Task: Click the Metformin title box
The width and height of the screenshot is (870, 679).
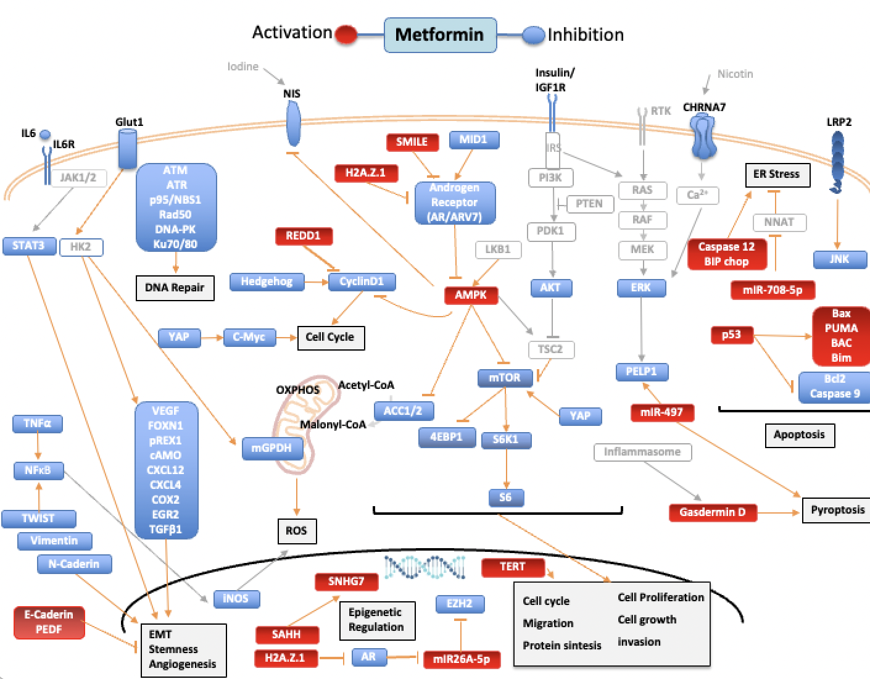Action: [439, 35]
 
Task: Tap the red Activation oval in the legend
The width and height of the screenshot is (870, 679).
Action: [346, 35]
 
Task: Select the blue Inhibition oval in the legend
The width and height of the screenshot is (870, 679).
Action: [533, 35]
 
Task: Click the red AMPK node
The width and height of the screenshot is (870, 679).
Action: [471, 295]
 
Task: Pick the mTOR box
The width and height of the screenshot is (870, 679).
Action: [505, 378]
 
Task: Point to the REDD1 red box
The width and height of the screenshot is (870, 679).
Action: [303, 236]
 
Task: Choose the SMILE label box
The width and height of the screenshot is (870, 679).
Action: [412, 142]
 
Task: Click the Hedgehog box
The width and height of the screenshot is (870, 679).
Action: [267, 281]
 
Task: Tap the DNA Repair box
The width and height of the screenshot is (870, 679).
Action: [175, 288]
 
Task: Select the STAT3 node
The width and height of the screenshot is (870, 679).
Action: [28, 246]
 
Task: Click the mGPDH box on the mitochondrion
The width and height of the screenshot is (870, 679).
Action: [271, 448]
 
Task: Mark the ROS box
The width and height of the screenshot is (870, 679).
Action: [296, 531]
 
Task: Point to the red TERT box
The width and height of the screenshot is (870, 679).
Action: [513, 567]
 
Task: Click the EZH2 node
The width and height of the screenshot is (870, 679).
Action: [459, 604]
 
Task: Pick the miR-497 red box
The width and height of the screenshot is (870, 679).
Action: [661, 412]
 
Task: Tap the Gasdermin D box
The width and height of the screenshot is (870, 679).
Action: [713, 512]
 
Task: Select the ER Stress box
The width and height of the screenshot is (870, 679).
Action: [776, 175]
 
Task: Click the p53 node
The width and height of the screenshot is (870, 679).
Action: [731, 335]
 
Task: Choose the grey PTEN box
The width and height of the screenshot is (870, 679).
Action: [589, 204]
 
